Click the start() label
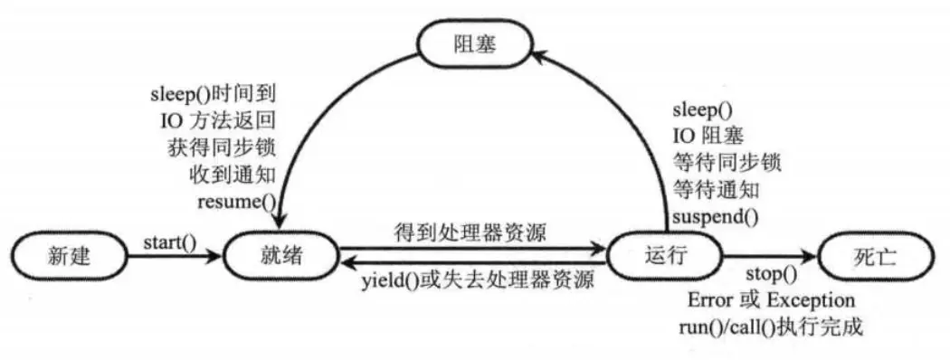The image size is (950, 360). (169, 242)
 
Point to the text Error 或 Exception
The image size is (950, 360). (771, 299)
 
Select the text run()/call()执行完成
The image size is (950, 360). (770, 326)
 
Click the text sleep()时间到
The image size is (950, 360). (218, 92)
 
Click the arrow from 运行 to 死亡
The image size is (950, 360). (769, 256)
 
